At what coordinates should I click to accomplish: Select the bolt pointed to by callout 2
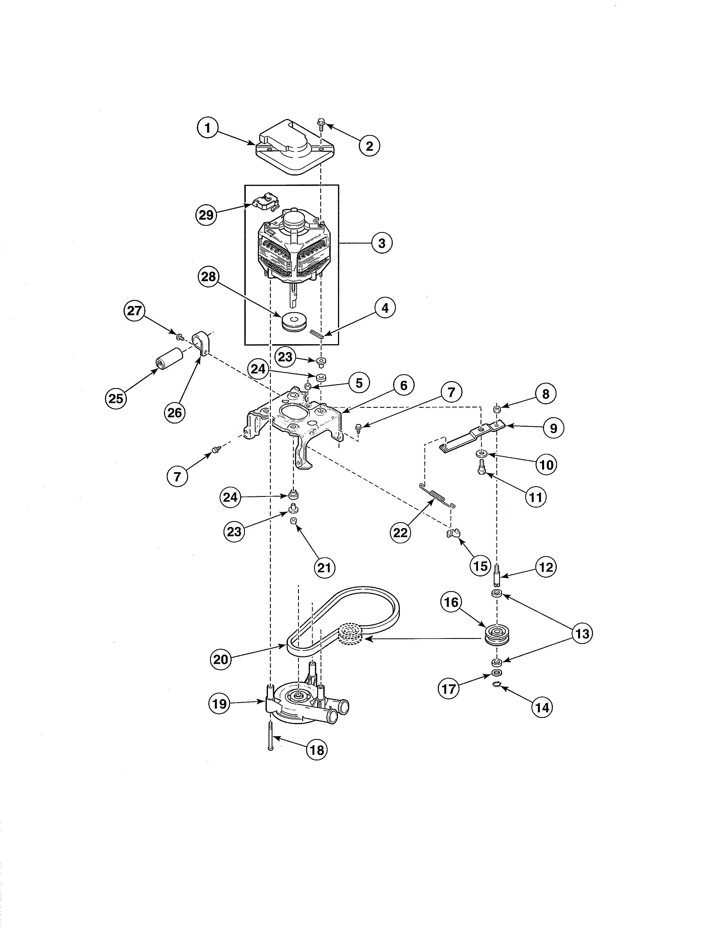click(x=321, y=124)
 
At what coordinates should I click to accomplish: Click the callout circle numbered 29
click(x=206, y=215)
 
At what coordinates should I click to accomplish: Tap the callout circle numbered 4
click(x=385, y=308)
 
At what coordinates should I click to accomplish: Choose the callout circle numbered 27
click(x=134, y=311)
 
